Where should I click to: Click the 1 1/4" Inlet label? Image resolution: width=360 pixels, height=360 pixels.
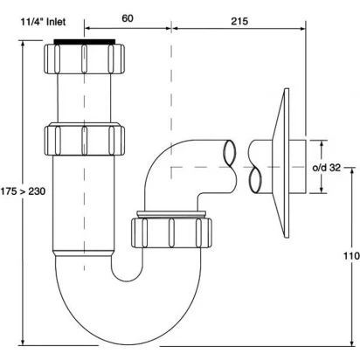pyautogui.click(x=43, y=22)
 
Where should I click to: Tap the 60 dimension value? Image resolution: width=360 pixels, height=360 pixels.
pyautogui.click(x=128, y=18)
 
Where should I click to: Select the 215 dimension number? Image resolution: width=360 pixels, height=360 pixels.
pyautogui.click(x=239, y=21)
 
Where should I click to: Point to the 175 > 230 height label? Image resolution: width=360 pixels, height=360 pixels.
pyautogui.click(x=23, y=191)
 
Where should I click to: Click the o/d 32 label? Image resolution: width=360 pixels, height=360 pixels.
pyautogui.click(x=326, y=168)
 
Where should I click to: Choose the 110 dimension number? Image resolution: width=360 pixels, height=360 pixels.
pyautogui.click(x=351, y=256)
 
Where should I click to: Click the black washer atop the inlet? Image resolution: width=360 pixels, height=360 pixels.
pyautogui.click(x=85, y=41)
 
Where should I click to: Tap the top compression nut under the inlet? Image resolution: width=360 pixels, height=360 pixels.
pyautogui.click(x=85, y=59)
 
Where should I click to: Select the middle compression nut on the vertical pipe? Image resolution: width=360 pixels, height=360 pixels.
pyautogui.click(x=85, y=140)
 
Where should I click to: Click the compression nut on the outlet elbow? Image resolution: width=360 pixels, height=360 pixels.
pyautogui.click(x=171, y=232)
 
